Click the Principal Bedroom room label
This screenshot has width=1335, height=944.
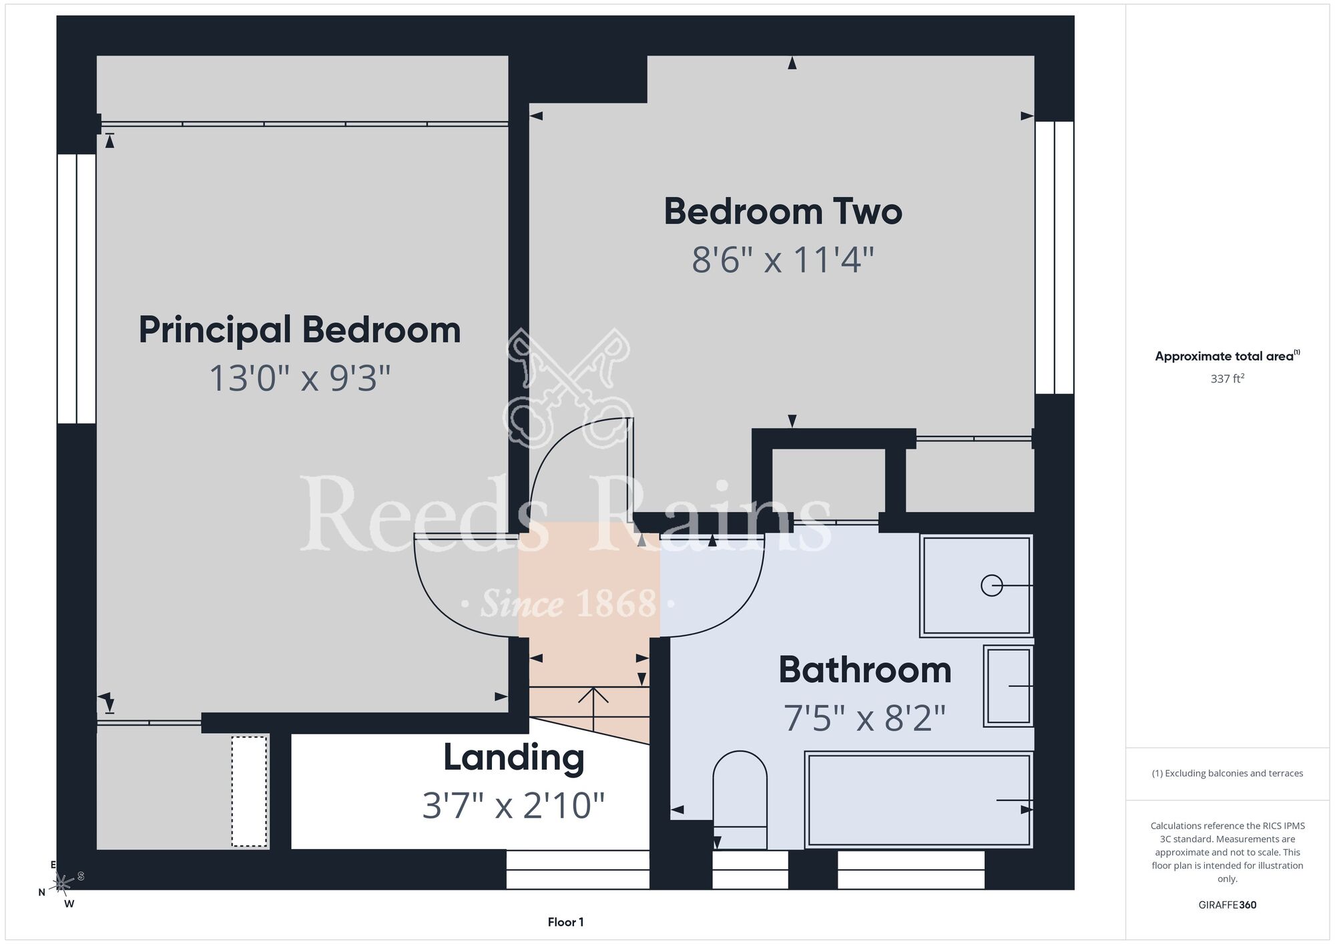300,331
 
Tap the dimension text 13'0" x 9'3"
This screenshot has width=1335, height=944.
300,379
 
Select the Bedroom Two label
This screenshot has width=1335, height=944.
783,212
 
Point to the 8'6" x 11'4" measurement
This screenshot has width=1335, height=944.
783,260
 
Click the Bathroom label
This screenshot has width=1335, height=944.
865,670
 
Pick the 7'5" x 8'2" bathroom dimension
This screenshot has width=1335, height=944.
865,718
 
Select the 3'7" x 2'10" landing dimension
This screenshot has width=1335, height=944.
514,805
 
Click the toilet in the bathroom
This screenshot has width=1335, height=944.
740,800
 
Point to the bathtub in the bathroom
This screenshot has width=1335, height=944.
919,800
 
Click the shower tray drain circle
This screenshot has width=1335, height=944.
992,585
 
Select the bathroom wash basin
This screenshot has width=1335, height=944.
1008,686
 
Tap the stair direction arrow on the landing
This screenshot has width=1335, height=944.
593,709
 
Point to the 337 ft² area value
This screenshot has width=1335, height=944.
1228,379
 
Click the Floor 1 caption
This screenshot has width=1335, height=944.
565,922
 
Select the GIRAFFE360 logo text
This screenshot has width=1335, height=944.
1228,905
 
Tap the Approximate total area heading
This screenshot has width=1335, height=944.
1228,356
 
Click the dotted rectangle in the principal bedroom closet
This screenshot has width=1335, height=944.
250,791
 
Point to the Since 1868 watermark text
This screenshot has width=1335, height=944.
568,604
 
